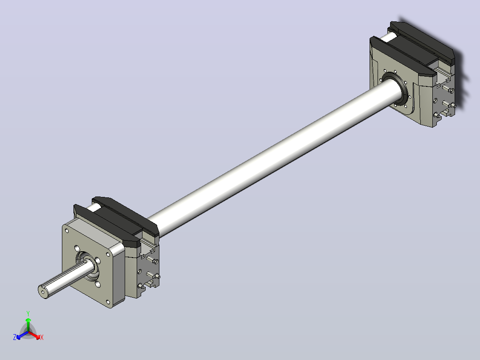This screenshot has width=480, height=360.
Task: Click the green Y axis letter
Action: click(x=28, y=313)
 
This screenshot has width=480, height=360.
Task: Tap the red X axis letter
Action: click(x=42, y=337)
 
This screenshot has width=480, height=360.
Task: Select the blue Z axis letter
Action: click(x=14, y=337)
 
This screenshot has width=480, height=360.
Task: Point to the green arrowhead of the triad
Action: click(x=28, y=320)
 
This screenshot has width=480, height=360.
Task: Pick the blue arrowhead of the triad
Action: click(x=19, y=337)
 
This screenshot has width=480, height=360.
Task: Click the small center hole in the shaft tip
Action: click(x=43, y=292)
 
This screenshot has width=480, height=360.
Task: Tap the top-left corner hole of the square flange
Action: click(x=67, y=231)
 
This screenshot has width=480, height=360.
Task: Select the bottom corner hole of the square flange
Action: click(x=108, y=302)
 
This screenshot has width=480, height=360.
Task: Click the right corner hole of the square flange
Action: click(x=108, y=254)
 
